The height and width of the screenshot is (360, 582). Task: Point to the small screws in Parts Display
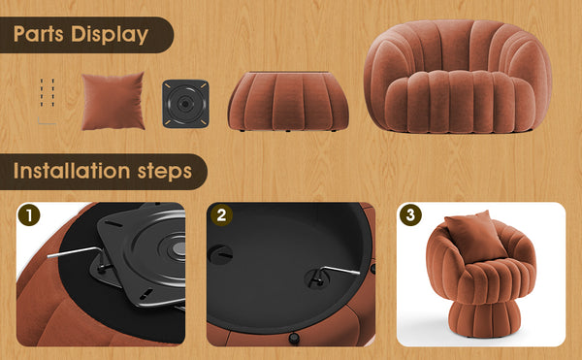(x=48, y=91)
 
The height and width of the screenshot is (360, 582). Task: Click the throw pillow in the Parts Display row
(x=113, y=100)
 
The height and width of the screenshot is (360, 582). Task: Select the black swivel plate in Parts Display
(x=186, y=102)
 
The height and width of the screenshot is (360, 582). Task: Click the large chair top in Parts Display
(x=456, y=82)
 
